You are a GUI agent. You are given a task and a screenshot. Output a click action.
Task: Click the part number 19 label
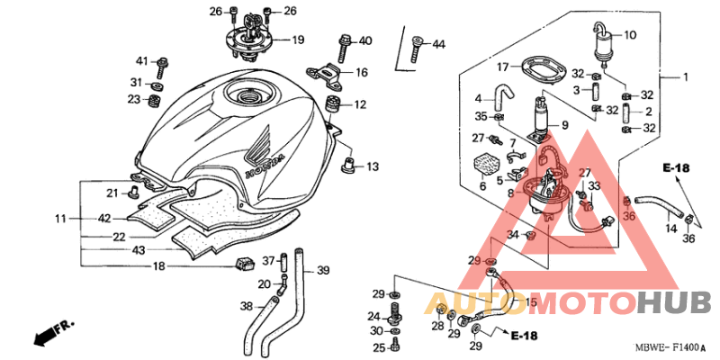point(298,40)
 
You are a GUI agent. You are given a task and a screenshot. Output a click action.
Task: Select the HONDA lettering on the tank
point(265,166)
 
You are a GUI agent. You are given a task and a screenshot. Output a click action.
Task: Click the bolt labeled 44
point(416,49)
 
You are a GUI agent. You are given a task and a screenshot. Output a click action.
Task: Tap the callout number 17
point(503,67)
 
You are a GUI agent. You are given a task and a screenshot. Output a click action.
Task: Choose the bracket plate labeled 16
point(325,74)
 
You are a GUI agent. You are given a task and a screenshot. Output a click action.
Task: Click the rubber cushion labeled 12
point(334,104)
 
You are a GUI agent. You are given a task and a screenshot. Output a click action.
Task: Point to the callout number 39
point(323,271)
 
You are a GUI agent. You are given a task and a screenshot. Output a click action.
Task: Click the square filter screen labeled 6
point(486,166)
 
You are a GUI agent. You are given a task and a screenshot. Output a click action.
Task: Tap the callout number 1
point(686,77)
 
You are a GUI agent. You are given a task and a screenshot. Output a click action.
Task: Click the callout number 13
point(373,166)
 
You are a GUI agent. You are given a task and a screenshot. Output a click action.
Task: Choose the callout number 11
point(61,219)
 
